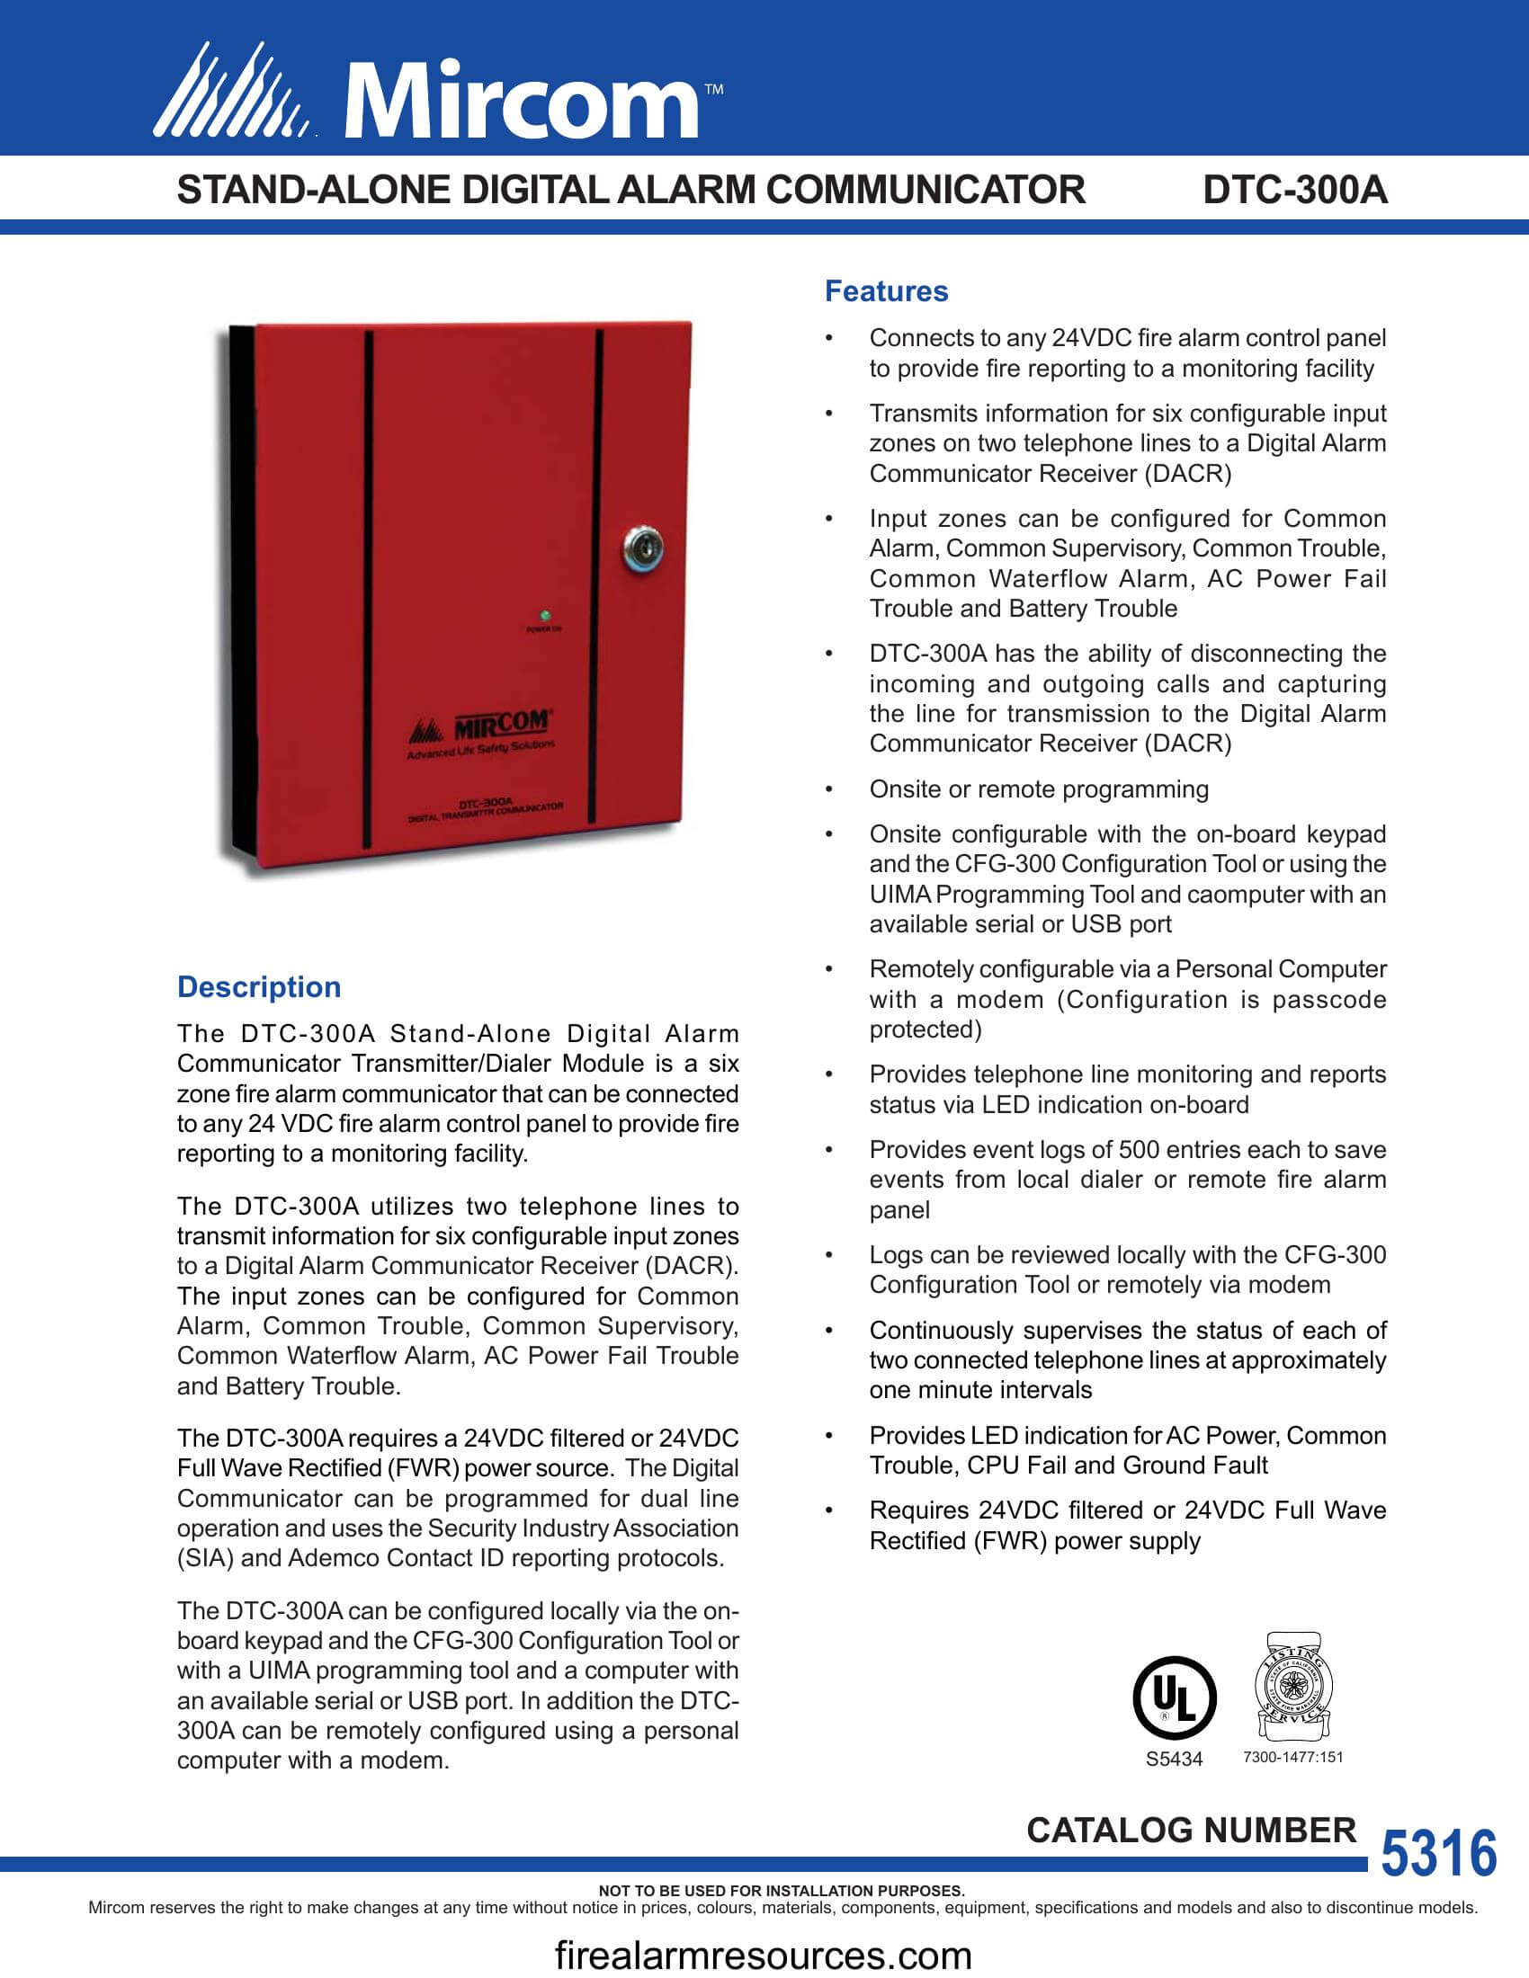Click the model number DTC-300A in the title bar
pos(1294,191)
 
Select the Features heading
pos(886,291)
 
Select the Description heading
pos(259,987)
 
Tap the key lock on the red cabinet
pos(642,548)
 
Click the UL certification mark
pos(1175,1697)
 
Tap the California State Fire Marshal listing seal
pos(1292,1688)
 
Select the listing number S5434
pos(1174,1759)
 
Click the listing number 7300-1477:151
pos(1292,1757)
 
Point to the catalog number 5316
pos(1438,1853)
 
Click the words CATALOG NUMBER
pos(1191,1831)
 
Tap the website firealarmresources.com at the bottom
pos(763,1956)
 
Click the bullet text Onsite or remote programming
pos(1038,789)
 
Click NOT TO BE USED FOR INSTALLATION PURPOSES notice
pos(781,1891)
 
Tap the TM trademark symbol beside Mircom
pos(714,90)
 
